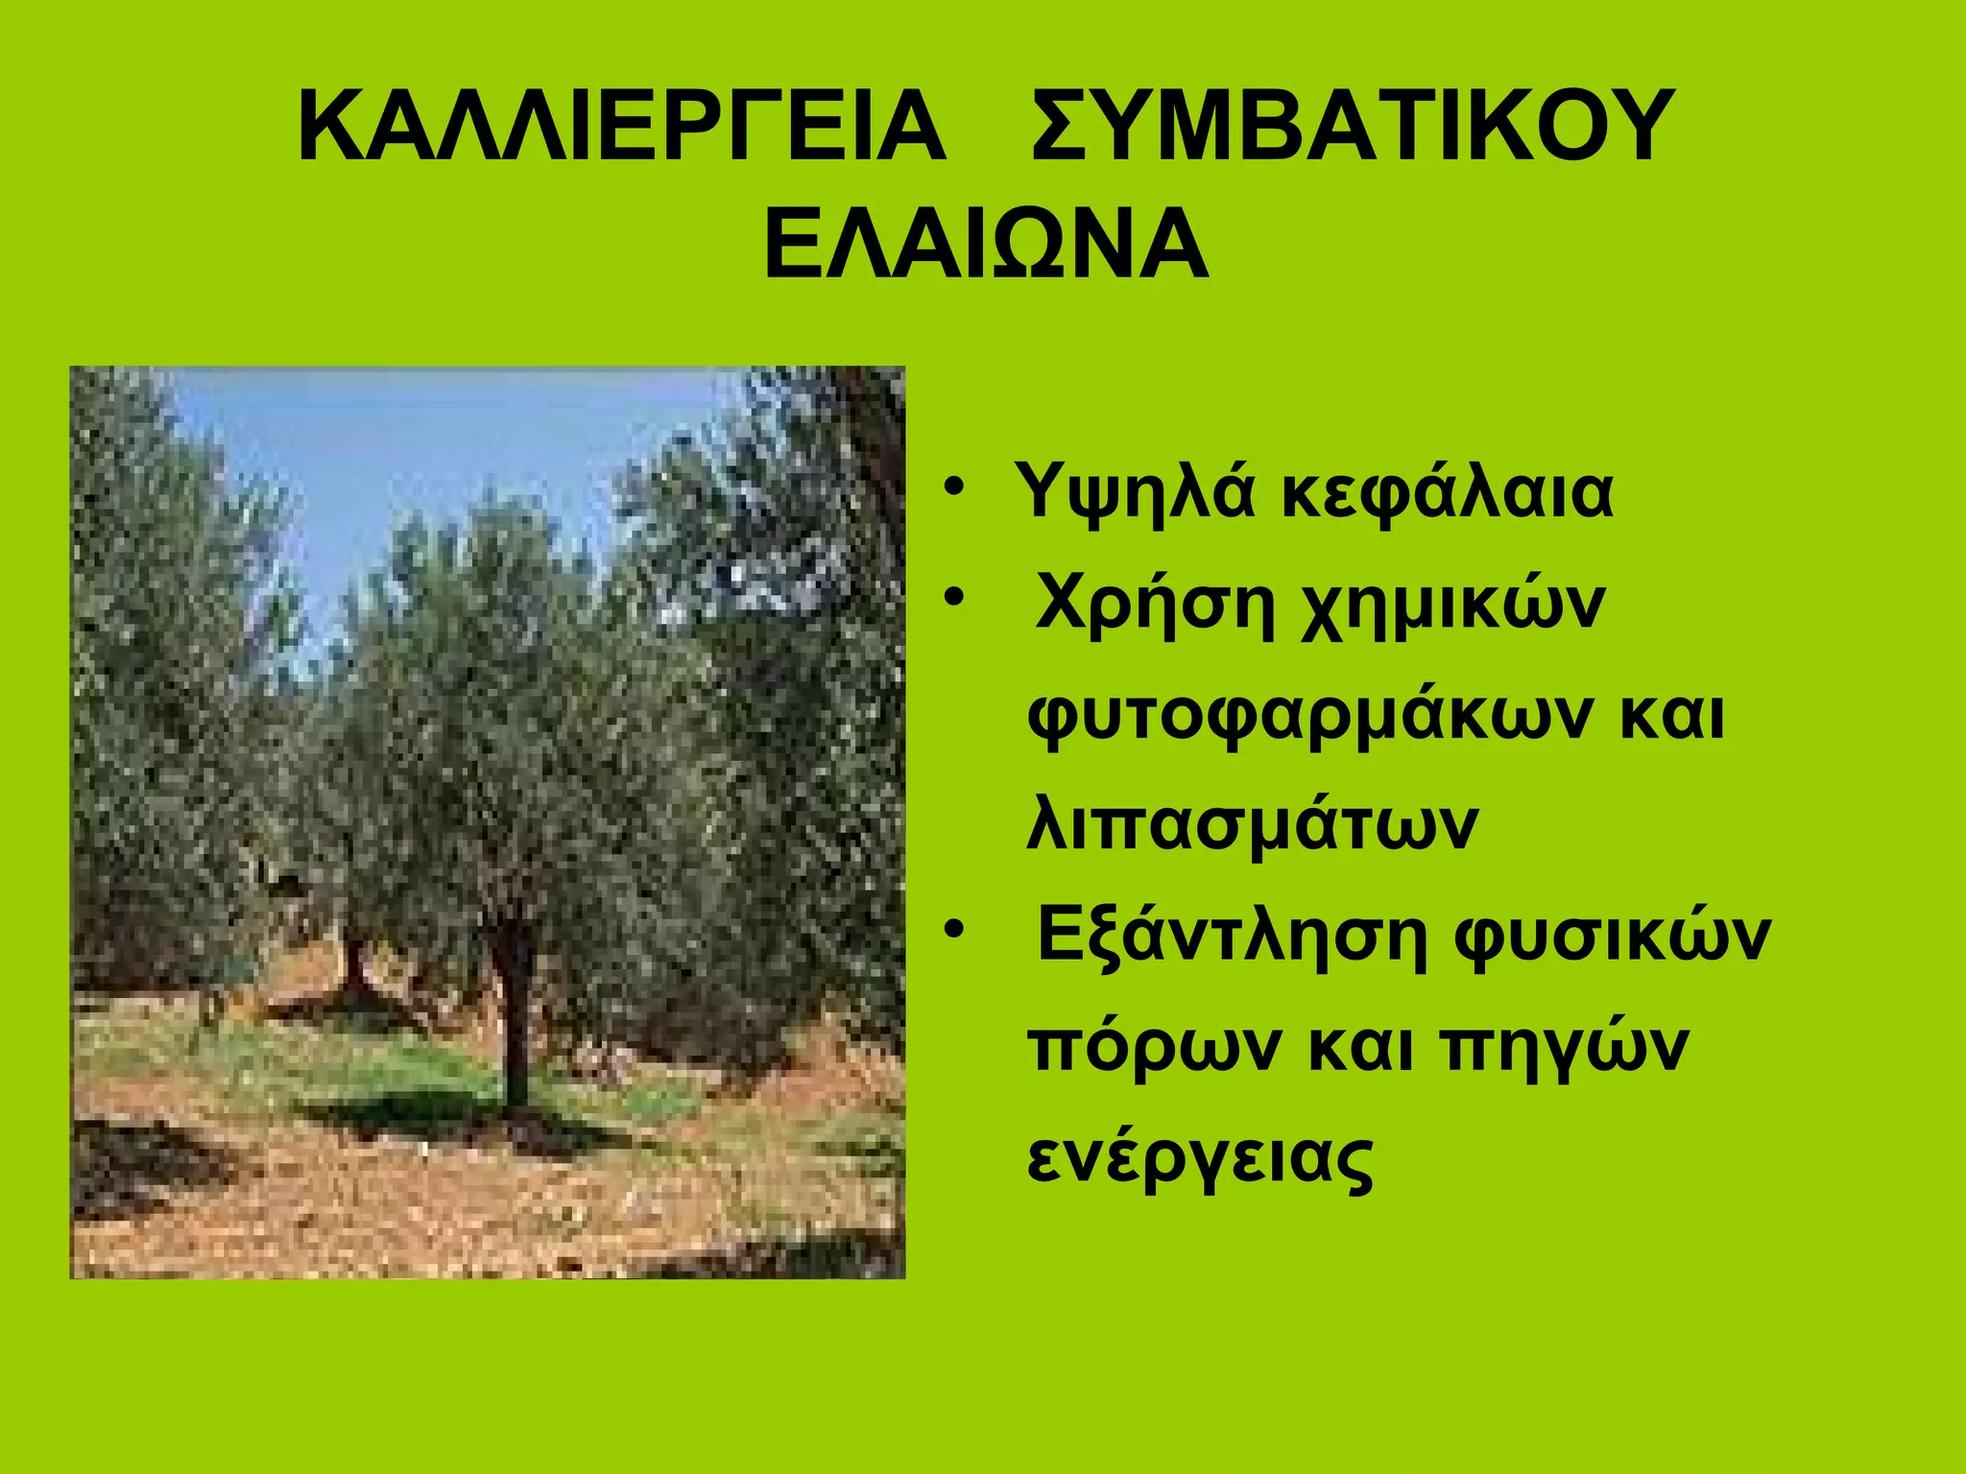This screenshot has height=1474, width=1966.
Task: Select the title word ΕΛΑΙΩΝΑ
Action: (986, 245)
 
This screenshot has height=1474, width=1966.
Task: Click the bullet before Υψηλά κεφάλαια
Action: (953, 487)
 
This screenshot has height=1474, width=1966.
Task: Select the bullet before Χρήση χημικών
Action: (953, 598)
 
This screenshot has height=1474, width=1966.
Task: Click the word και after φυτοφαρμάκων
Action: (1671, 716)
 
